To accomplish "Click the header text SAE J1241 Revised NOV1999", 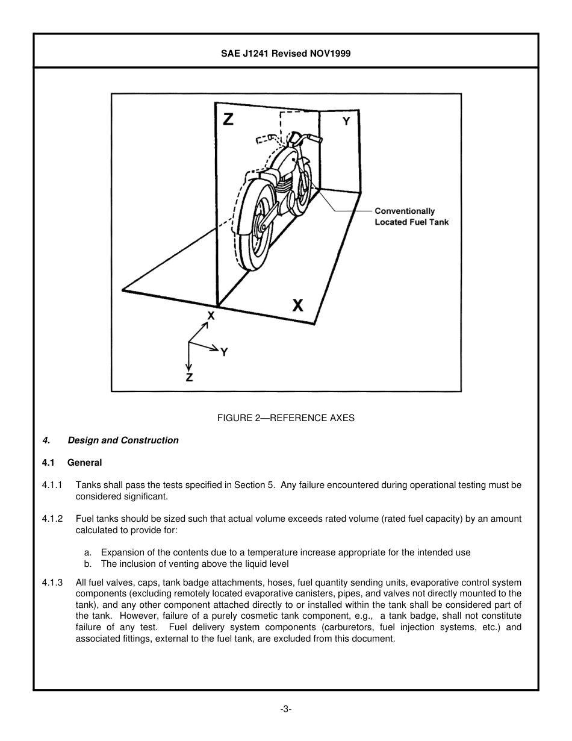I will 286,54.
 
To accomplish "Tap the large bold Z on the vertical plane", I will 228,119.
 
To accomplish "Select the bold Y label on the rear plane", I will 346,121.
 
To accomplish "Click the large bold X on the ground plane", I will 297,305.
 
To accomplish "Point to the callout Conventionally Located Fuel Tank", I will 411,216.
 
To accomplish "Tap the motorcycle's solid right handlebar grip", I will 314,139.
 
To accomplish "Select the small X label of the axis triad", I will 211,315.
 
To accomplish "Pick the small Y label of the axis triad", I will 224,352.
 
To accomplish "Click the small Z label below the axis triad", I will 189,378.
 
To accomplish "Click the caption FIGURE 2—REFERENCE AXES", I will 286,418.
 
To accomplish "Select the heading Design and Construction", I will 123,440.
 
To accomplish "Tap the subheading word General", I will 84,463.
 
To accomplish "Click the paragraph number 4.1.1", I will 52,485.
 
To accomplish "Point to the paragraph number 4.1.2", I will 52,519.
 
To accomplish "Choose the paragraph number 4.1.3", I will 52,583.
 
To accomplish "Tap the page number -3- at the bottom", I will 286,710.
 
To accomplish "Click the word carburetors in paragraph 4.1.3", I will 348,628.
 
